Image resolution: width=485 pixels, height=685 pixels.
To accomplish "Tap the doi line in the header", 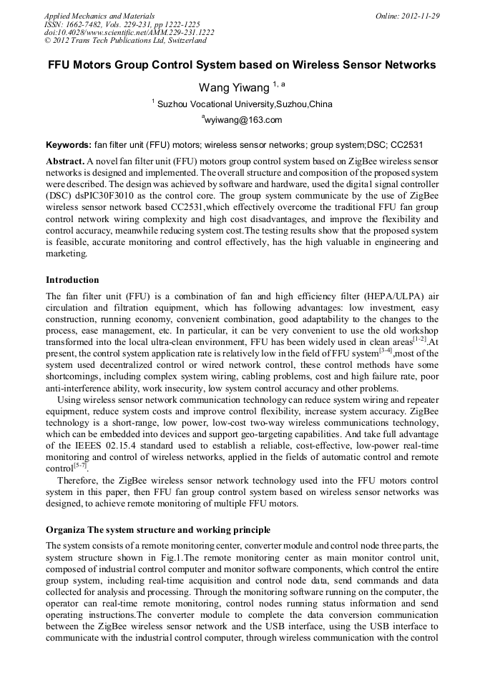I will (x=129, y=33).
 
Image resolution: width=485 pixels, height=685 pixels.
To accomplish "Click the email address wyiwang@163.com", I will (x=244, y=120).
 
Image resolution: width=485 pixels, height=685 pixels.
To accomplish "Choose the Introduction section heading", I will (x=72, y=279).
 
